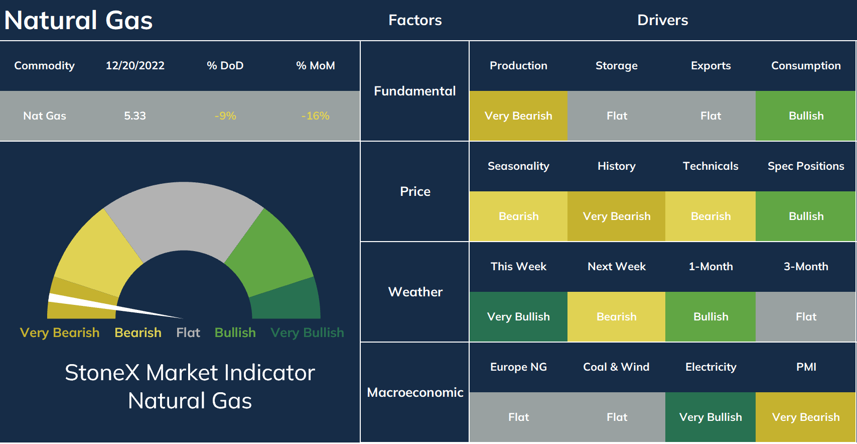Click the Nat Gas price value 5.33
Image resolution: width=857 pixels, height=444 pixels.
coord(135,116)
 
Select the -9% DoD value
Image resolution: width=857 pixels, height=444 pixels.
coord(225,116)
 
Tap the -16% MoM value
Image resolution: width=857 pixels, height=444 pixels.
coord(315,116)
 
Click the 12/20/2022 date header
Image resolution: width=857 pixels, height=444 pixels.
coord(135,66)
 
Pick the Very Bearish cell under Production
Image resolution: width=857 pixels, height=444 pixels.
coord(518,116)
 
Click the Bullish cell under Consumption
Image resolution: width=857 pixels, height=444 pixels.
coord(806,116)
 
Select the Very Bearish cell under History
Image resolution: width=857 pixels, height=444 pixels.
coord(616,216)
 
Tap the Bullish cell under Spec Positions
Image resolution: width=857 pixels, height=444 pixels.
coord(806,216)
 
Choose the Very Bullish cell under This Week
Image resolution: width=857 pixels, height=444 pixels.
coord(518,317)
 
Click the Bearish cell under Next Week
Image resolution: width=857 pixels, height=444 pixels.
coord(616,317)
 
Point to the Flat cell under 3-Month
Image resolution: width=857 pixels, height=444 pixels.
coord(806,317)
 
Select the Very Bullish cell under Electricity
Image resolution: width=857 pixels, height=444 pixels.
coord(710,417)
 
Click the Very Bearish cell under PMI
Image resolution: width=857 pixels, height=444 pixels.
coord(806,417)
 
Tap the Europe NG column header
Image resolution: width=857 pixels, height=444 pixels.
coord(518,367)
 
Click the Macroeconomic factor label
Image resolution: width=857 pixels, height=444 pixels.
coord(415,392)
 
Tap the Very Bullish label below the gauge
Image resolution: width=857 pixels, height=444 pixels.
coord(307,332)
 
